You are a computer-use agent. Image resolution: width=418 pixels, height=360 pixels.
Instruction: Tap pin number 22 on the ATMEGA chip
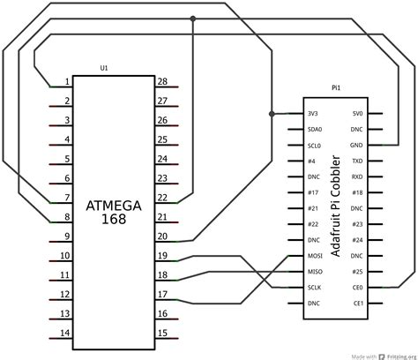[162, 199]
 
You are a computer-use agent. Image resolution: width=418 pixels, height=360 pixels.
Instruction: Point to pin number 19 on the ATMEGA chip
[162, 256]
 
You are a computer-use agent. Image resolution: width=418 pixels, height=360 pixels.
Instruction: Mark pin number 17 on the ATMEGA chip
[162, 295]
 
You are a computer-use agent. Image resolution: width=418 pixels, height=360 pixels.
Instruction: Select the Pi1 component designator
[335, 88]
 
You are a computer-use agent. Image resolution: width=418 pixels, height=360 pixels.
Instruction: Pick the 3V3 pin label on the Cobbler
[315, 114]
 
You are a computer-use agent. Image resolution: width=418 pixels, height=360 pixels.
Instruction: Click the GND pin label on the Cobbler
[356, 145]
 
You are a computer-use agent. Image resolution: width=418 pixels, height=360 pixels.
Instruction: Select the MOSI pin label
[316, 256]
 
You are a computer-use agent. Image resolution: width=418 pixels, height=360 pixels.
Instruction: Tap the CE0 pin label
[357, 288]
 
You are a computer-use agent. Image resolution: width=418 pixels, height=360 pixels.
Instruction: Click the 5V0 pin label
[357, 114]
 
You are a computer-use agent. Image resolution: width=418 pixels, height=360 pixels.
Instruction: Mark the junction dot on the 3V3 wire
[271, 113]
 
